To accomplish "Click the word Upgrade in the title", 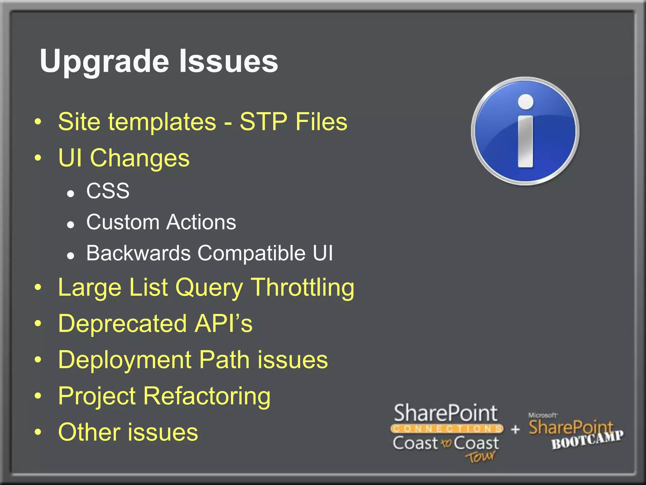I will [104, 62].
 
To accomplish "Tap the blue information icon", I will [525, 131].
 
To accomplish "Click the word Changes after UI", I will [140, 158].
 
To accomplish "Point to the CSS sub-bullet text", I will [108, 191].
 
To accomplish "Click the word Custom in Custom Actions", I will [123, 222].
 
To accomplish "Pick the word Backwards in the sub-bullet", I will [138, 253].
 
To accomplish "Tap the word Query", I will [209, 288].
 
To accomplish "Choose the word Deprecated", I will [122, 324].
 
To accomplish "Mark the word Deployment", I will [125, 360].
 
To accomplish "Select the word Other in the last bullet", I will [89, 432].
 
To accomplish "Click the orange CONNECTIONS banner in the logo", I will [447, 429].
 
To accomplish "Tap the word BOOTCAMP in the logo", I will [587, 440].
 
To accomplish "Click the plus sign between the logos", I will [515, 429].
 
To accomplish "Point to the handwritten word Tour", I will [480, 457].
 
